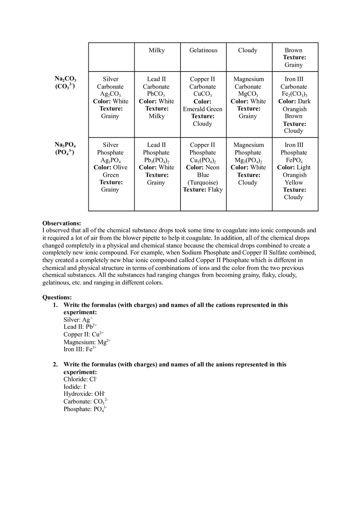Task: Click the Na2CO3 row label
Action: click(x=65, y=79)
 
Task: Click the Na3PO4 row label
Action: click(x=65, y=145)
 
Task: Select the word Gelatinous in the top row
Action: click(x=203, y=50)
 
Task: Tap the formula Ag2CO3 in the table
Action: click(x=110, y=94)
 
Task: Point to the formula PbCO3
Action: click(x=156, y=94)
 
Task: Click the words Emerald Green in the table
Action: click(x=202, y=109)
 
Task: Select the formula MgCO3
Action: click(x=248, y=94)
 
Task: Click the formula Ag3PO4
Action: click(x=110, y=160)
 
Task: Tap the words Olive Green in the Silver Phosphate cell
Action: click(x=111, y=171)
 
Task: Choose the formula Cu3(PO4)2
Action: click(x=202, y=160)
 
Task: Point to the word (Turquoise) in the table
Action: click(x=202, y=182)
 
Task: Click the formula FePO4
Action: click(x=294, y=160)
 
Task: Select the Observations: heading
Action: click(x=61, y=223)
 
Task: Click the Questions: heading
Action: click(x=57, y=297)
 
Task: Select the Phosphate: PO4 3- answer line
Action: click(x=85, y=409)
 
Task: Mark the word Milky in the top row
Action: click(x=157, y=50)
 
